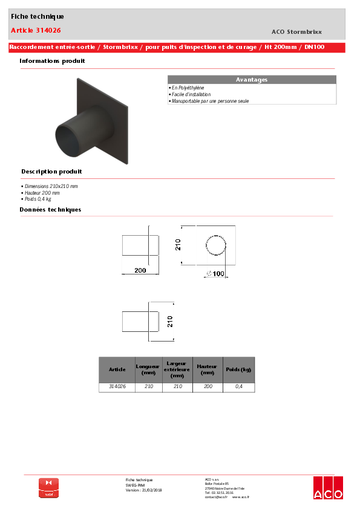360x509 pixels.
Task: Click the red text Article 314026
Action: tap(36, 30)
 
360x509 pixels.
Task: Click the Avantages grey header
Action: tap(251, 80)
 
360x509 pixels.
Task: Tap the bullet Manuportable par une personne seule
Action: tap(209, 101)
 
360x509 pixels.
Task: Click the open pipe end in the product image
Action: tap(67, 138)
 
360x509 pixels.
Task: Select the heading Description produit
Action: tap(51, 172)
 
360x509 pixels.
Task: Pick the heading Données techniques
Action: tap(50, 210)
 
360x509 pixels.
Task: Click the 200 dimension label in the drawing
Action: tap(140, 271)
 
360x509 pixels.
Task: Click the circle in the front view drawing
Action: tap(215, 245)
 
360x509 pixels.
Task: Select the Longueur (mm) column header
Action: tap(148, 369)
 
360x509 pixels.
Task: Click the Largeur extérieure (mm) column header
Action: tap(177, 369)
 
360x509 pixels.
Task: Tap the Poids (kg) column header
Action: tap(238, 369)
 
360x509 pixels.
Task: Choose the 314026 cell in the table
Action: tap(117, 386)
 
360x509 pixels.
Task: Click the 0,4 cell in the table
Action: tap(238, 386)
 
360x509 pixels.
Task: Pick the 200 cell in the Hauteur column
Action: tap(208, 386)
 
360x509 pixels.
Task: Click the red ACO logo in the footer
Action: tap(327, 488)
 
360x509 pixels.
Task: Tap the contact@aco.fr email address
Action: tap(216, 497)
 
